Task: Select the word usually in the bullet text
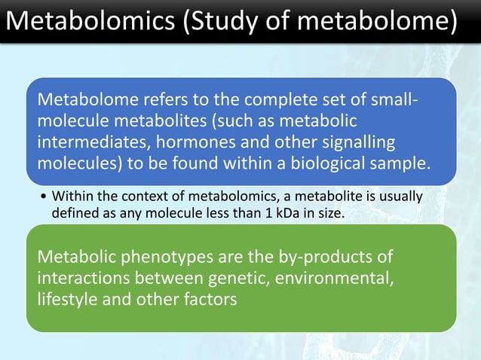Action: (x=401, y=198)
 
